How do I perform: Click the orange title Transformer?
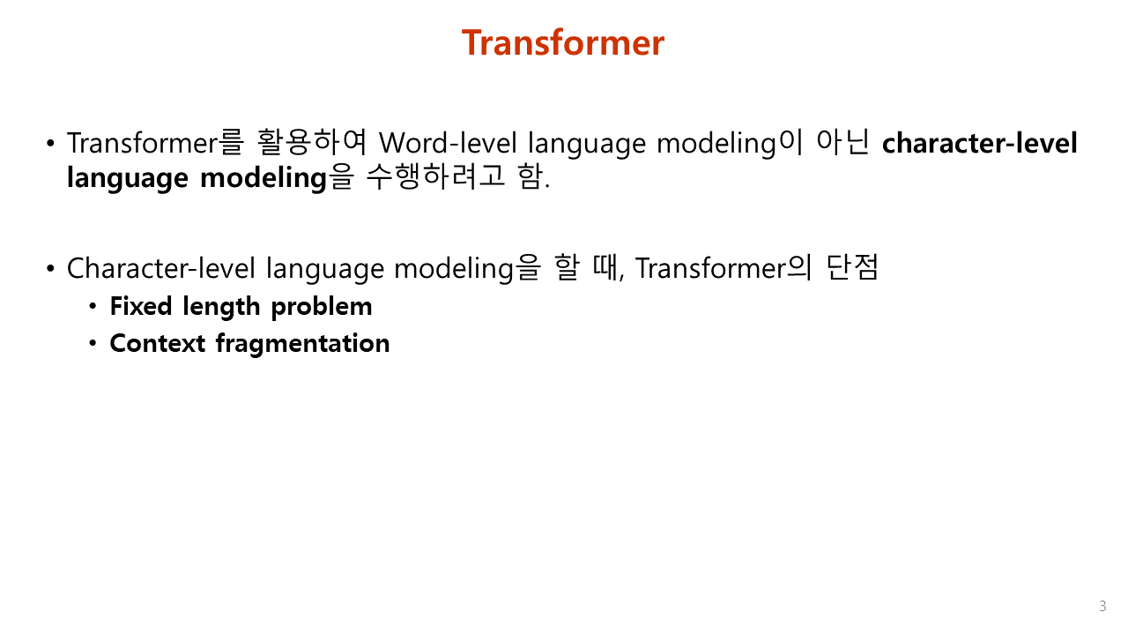click(562, 42)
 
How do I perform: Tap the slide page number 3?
click(1102, 606)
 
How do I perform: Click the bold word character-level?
click(979, 143)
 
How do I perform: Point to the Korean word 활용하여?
click(311, 142)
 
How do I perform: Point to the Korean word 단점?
click(851, 267)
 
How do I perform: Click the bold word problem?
click(322, 307)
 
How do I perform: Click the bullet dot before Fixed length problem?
click(93, 307)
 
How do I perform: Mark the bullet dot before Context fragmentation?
click(93, 343)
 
